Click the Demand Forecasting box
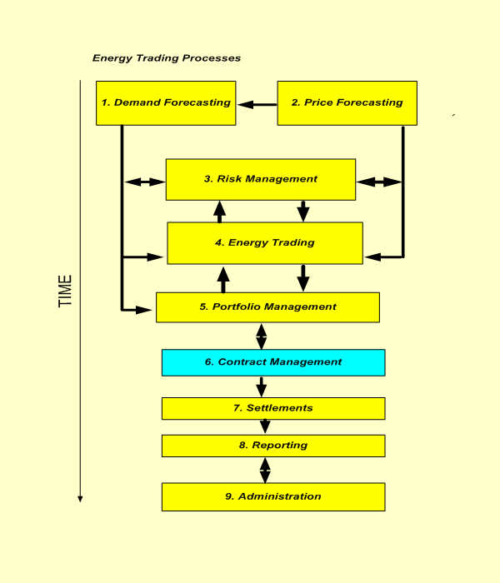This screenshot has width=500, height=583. click(x=166, y=103)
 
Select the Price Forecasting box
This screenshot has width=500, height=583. click(x=347, y=103)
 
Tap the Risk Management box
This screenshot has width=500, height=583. click(x=260, y=179)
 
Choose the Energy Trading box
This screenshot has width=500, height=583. click(x=265, y=243)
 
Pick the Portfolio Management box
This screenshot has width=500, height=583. click(x=267, y=306)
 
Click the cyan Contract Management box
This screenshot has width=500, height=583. click(x=273, y=362)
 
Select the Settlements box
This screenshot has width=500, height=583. click(x=273, y=408)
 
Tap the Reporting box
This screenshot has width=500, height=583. click(x=273, y=446)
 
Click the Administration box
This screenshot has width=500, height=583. click(x=273, y=496)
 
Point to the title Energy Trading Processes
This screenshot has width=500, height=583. click(x=167, y=58)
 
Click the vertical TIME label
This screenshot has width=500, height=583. click(x=65, y=291)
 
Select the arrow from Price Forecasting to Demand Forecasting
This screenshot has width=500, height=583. click(x=256, y=105)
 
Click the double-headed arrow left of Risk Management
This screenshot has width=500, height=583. click(x=144, y=182)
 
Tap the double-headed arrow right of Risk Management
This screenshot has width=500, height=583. click(x=378, y=182)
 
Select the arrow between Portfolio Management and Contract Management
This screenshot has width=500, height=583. click(x=262, y=336)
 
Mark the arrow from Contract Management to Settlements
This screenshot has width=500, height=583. click(x=262, y=386)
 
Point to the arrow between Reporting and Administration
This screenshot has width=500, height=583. click(x=265, y=471)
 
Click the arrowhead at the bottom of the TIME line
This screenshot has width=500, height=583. click(x=81, y=498)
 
